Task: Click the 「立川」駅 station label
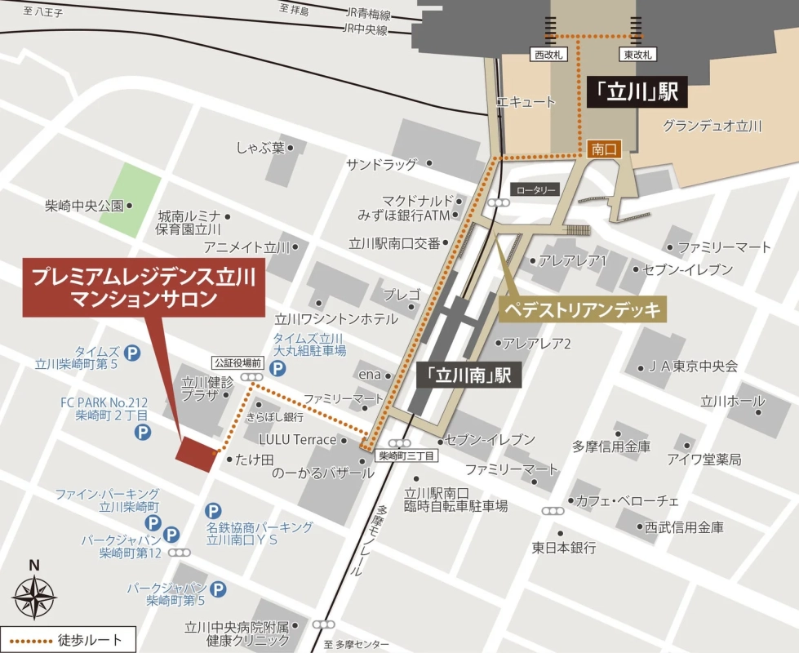click(x=637, y=92)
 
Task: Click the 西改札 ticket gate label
click(x=548, y=55)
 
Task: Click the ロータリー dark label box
click(x=535, y=189)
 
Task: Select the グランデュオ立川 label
click(x=712, y=126)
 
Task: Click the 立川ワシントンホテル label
click(x=337, y=319)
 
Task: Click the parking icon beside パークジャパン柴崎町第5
click(x=218, y=589)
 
